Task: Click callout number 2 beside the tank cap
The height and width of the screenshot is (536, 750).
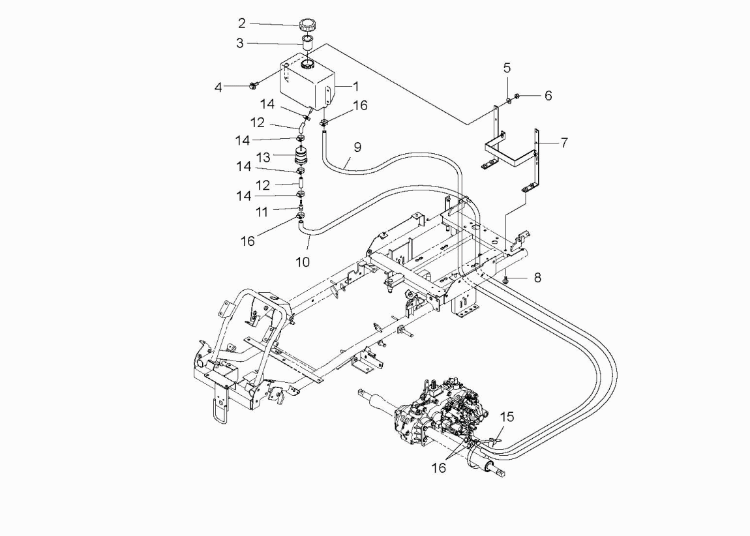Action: pos(242,23)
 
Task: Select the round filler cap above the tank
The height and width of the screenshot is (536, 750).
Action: pos(306,24)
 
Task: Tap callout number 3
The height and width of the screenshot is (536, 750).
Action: pos(240,43)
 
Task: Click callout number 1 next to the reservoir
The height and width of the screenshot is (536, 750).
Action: pos(355,87)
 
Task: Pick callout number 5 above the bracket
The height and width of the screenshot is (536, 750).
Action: pos(507,68)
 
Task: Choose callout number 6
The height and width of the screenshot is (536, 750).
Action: pos(548,96)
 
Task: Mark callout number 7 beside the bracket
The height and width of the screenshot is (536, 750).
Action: pos(564,143)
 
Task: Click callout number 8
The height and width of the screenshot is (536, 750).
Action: pos(537,278)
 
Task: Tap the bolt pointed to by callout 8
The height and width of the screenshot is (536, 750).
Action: pos(505,278)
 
